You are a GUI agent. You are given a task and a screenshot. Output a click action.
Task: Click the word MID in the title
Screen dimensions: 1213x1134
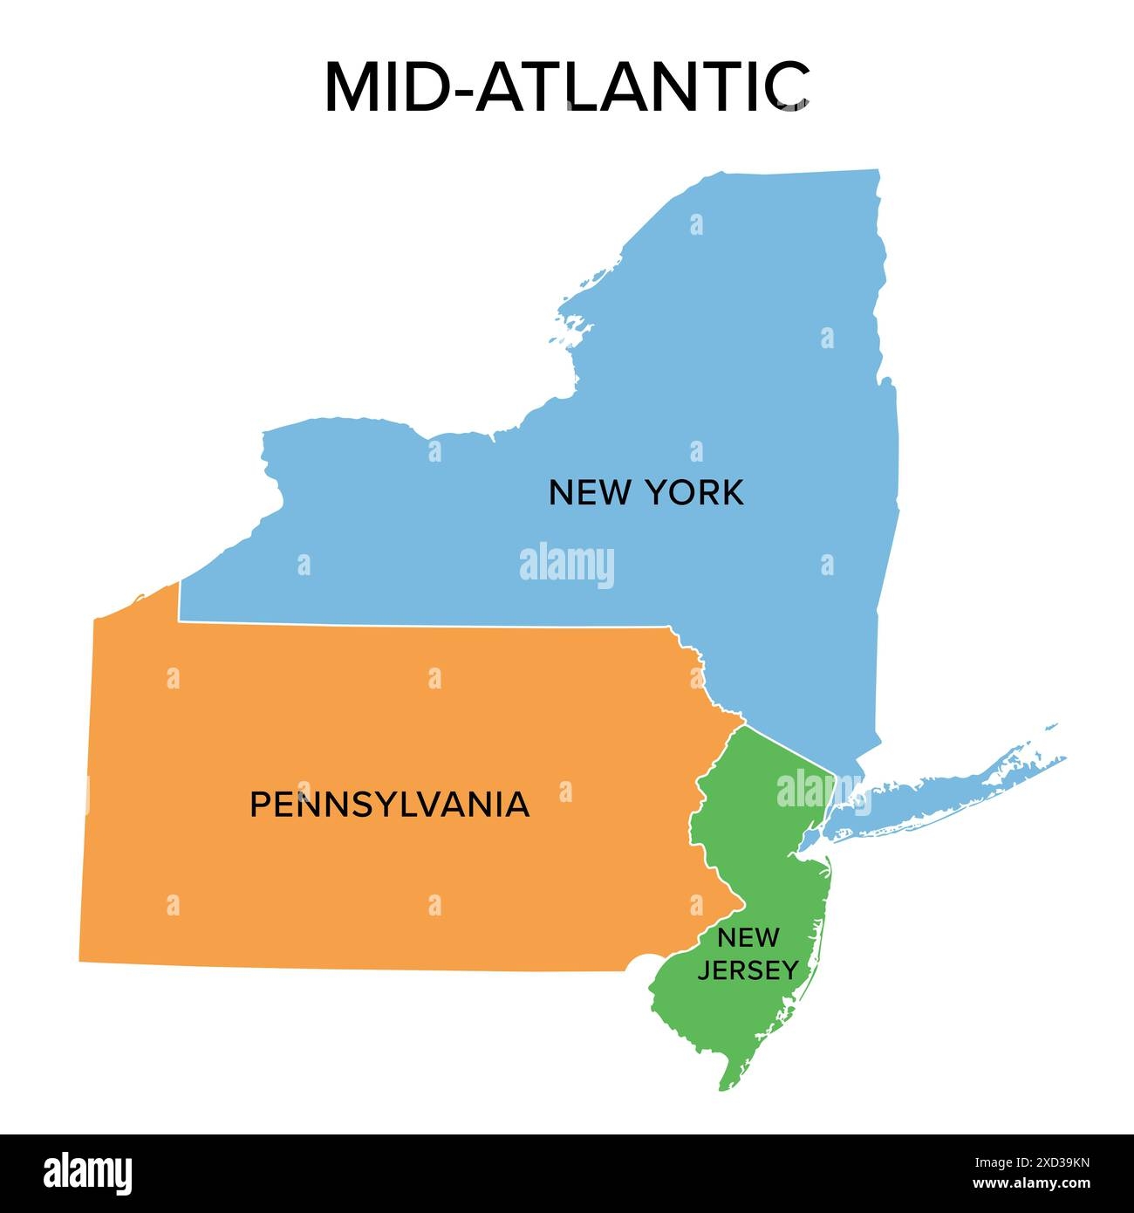(393, 87)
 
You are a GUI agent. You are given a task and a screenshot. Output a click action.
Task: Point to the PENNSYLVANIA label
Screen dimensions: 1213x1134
(389, 804)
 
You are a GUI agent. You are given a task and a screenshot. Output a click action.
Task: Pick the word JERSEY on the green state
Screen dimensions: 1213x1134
(748, 970)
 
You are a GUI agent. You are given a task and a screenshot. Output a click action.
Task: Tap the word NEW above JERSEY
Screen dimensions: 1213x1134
(748, 939)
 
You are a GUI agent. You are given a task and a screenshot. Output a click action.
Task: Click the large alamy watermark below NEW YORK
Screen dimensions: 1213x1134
(567, 565)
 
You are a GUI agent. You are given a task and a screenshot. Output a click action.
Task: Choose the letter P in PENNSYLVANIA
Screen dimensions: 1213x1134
(258, 804)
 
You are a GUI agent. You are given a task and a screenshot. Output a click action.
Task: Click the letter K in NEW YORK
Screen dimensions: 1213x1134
(733, 493)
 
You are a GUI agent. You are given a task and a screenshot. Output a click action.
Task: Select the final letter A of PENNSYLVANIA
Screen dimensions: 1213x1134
(518, 804)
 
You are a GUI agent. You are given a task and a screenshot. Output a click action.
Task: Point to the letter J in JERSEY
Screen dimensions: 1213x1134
(703, 970)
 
